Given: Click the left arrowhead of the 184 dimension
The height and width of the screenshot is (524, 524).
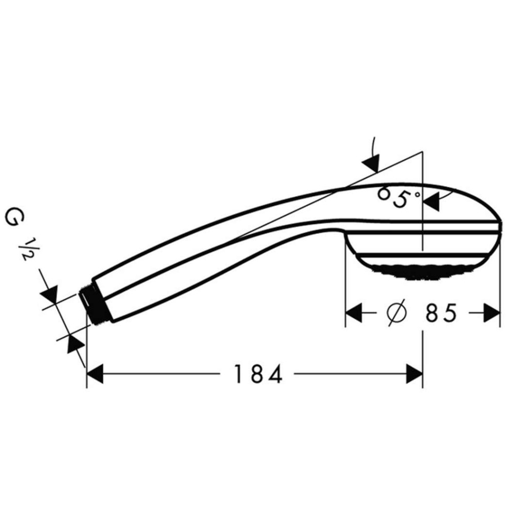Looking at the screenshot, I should [x=96, y=374].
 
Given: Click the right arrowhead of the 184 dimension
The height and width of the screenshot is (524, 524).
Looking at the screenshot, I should [x=414, y=374].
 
